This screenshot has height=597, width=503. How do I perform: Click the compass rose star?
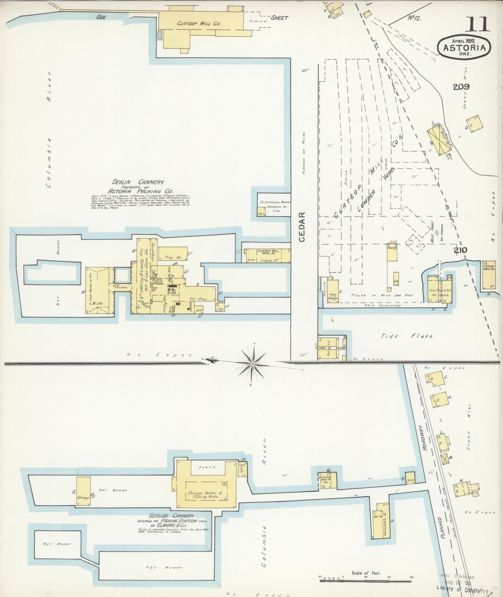(253, 364)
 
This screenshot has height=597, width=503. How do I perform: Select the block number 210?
(460, 250)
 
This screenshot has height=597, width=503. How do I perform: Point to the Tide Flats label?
(407, 336)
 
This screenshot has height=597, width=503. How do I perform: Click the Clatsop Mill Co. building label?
(199, 23)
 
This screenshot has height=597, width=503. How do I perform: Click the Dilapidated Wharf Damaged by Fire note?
(274, 206)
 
